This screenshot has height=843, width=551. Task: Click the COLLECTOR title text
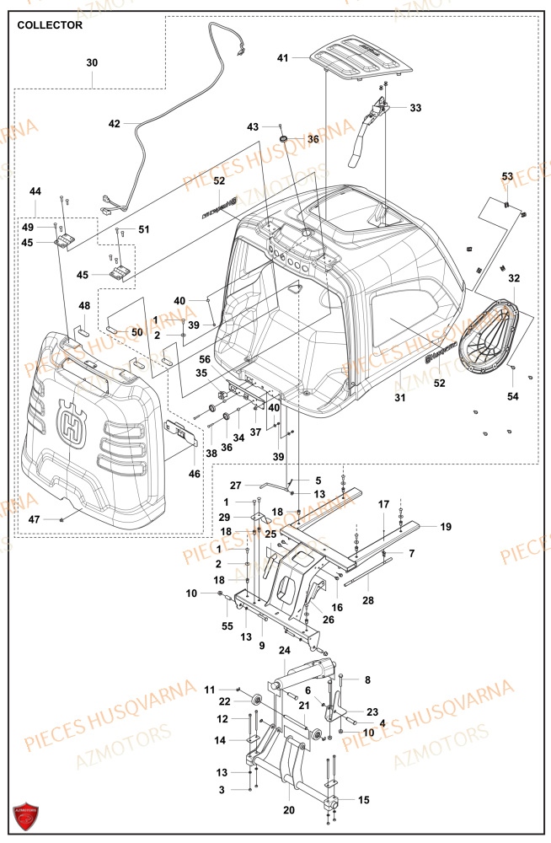coord(50,25)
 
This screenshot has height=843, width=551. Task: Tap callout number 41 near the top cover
coord(283,58)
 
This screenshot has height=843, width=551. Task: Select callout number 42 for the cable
coord(115,123)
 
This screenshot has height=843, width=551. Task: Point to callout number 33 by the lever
coord(415,108)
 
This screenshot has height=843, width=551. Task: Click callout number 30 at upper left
coord(92,63)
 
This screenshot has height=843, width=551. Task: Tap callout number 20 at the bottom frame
coord(289,810)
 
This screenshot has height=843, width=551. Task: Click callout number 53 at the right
coord(507,176)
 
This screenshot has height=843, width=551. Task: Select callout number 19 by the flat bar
coord(446,527)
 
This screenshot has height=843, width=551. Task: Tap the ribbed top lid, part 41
coord(362,59)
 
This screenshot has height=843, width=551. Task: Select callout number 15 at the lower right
coord(364,799)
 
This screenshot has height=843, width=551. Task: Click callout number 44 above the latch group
coord(35,192)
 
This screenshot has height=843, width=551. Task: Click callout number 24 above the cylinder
coord(284,650)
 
